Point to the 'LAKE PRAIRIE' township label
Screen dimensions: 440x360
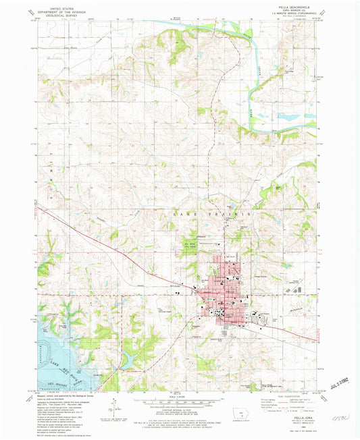coord(213,213)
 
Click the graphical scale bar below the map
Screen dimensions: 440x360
coord(178,404)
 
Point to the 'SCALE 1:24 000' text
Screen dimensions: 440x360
coord(178,397)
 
